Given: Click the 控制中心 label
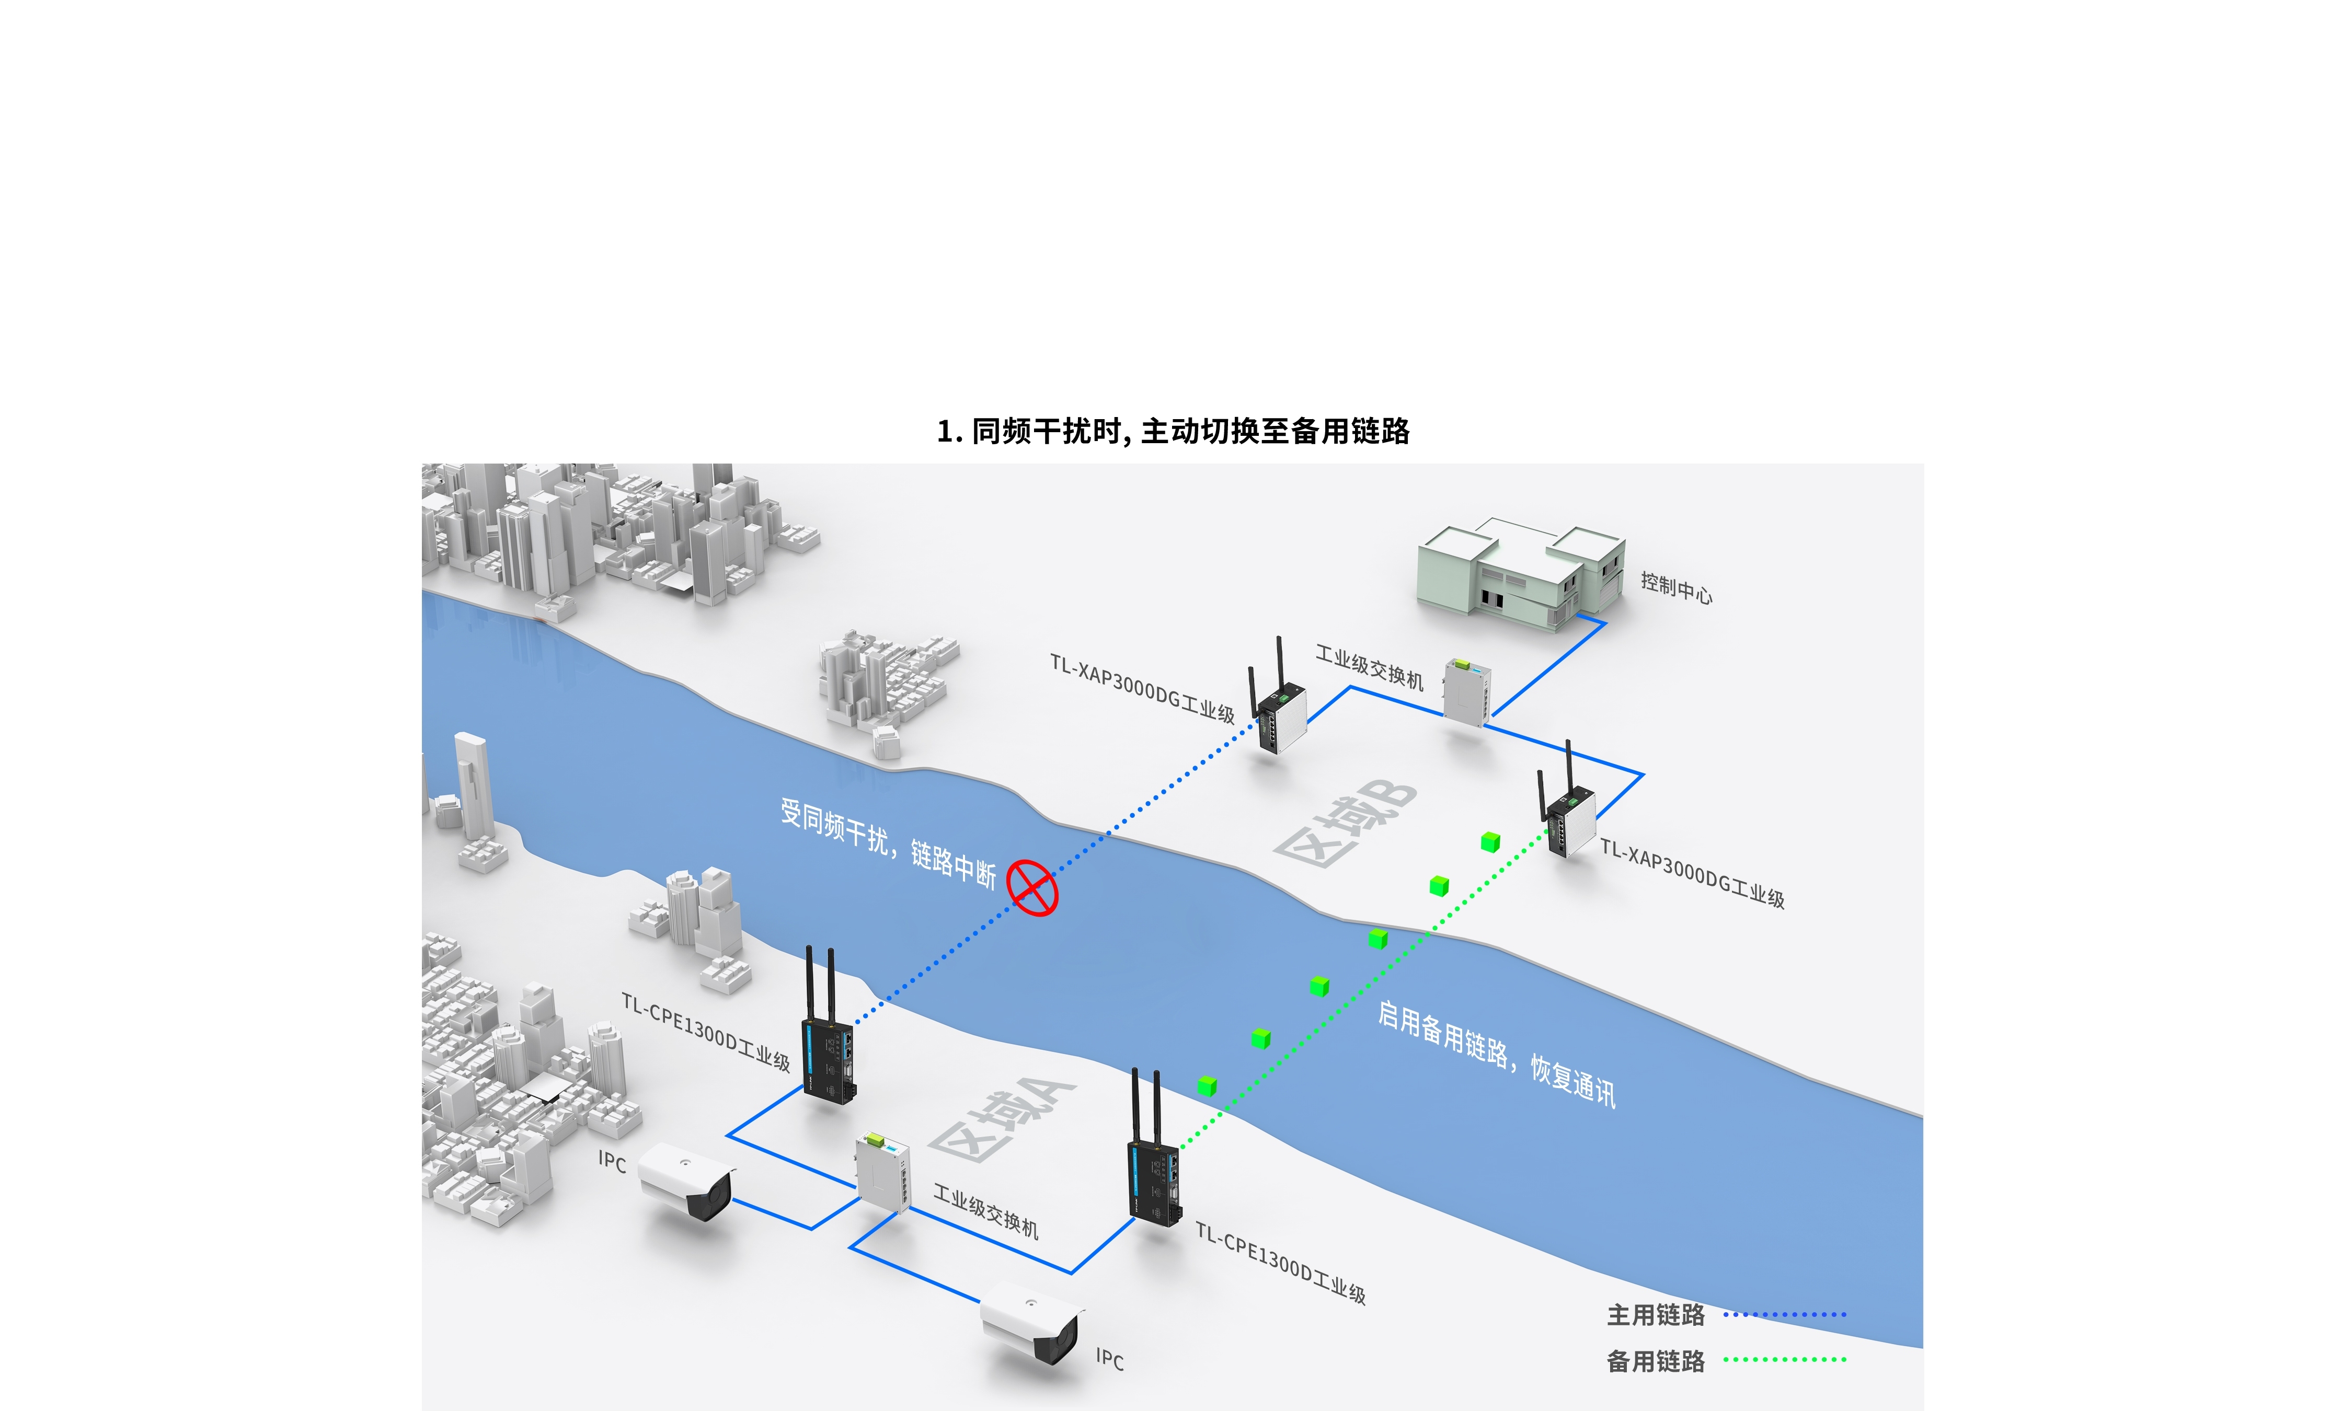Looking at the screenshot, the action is [x=1675, y=588].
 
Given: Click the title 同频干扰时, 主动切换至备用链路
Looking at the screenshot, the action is [x=1173, y=431].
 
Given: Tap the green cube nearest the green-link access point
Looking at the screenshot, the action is [x=1490, y=842].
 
